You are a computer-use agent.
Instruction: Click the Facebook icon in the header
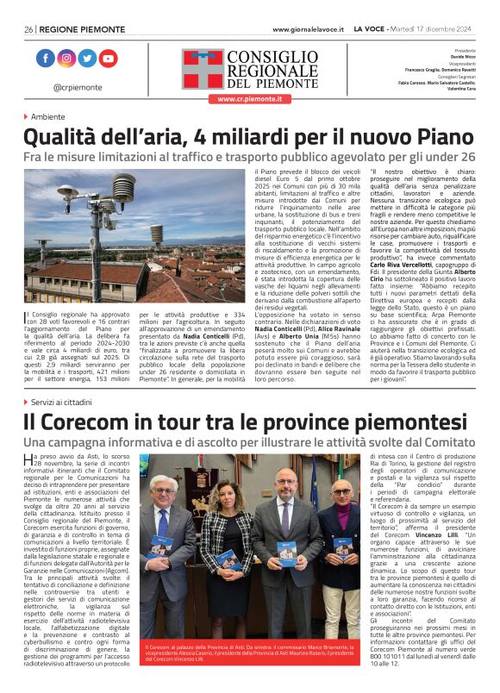coord(46,59)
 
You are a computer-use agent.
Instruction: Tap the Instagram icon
coord(66,59)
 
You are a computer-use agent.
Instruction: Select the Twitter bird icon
coord(87,59)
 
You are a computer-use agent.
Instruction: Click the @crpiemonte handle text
coord(78,87)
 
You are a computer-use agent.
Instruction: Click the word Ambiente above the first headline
coord(49,116)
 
